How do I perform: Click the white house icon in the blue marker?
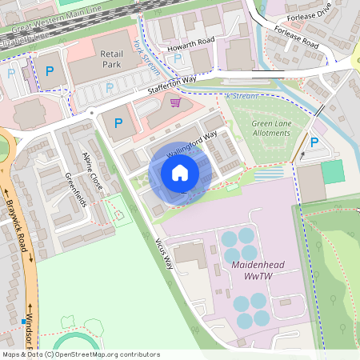point(180,173)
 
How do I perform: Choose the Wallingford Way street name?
point(192,145)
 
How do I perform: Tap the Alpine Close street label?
point(92,166)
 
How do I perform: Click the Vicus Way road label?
point(163,251)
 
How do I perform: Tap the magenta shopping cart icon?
point(174,102)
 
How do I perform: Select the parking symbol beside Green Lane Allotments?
point(314,142)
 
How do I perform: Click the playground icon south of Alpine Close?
point(119,214)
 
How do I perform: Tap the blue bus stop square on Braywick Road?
point(22,322)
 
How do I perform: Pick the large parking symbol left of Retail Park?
point(50,72)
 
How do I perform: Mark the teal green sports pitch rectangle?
point(332,171)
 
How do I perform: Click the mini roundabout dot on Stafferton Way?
point(93,113)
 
